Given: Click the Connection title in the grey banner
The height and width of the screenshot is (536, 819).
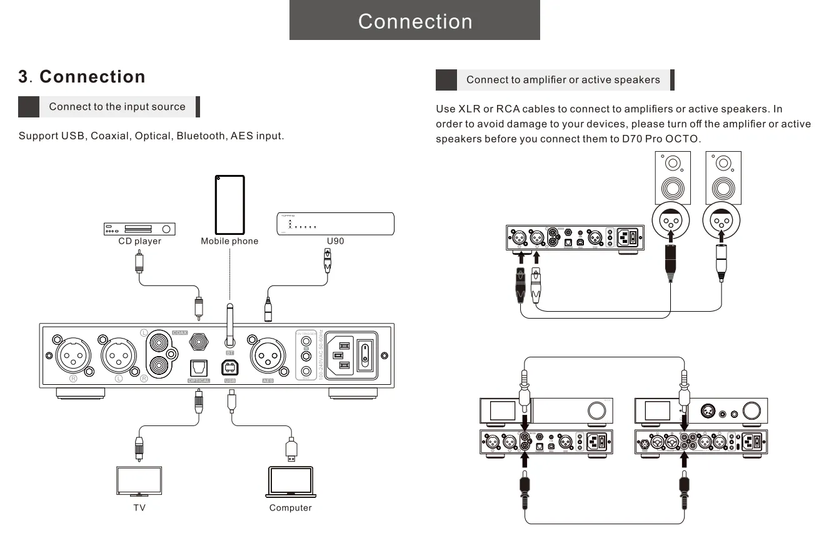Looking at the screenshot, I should pos(415,21).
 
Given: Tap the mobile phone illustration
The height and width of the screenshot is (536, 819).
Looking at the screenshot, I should pos(229,204).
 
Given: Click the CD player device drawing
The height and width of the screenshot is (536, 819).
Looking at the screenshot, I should pos(139,229).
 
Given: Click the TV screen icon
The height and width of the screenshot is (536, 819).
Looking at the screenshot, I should pos(139,480).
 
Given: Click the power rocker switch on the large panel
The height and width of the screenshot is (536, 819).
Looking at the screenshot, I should pos(364,355).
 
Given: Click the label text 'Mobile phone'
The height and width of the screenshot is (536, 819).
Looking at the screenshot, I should pos(229,241).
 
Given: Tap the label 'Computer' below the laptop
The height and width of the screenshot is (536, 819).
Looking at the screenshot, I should pos(290,508).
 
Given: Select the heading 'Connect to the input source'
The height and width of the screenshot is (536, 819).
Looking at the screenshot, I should pos(117,107).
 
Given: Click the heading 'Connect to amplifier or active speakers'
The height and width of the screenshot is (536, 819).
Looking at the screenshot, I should pos(563,80).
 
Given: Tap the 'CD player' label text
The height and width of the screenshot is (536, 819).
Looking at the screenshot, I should pos(139,241).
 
